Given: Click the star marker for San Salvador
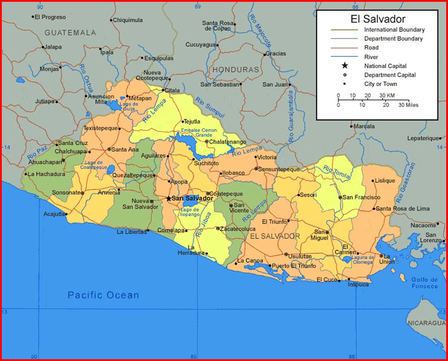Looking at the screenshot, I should tap(168, 198).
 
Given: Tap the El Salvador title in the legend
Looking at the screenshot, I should tap(378, 19).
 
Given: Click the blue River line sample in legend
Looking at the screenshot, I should tap(345, 57).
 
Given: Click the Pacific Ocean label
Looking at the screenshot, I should tap(103, 295).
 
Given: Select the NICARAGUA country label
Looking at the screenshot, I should tap(426, 323).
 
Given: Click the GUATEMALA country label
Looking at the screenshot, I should tap(70, 33).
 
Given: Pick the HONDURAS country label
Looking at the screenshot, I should tap(236, 70).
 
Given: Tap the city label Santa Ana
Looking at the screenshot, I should tap(125, 149).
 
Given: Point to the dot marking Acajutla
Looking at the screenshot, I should tap(66, 214).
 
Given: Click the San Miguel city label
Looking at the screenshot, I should tap(320, 235).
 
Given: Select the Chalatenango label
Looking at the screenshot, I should tap(228, 142).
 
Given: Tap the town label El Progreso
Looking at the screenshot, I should tap(50, 17).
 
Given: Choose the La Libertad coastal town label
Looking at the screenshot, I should tap(131, 232).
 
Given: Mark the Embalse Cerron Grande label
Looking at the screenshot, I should tap(198, 133).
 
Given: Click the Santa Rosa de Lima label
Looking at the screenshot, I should tap(402, 208).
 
